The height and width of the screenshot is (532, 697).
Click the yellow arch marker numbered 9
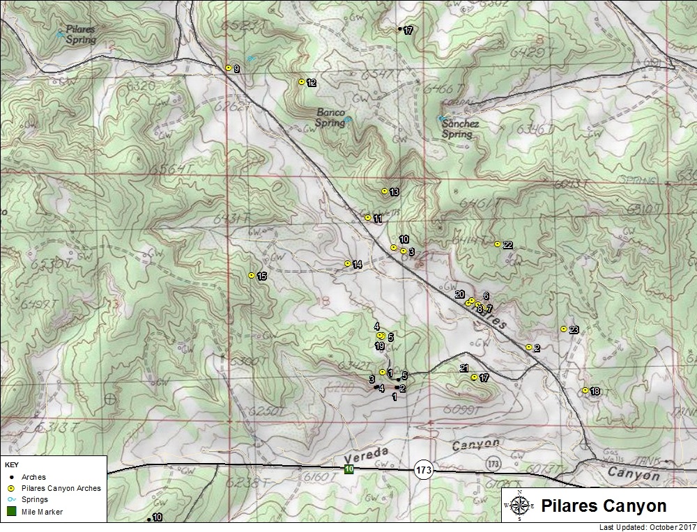(228, 68)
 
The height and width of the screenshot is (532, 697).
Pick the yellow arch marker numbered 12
(301, 81)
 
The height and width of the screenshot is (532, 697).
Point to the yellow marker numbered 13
(384, 191)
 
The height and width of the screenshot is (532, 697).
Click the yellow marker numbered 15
(252, 275)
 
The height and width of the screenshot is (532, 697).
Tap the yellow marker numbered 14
(347, 263)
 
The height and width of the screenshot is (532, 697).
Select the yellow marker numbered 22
(497, 244)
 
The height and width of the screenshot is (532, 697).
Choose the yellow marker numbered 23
(563, 329)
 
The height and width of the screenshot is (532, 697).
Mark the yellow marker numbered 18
(585, 390)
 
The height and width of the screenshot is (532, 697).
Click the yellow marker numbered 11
(367, 217)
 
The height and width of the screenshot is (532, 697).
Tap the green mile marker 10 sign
(348, 470)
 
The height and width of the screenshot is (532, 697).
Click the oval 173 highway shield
(424, 470)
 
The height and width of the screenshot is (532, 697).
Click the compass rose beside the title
(519, 505)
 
